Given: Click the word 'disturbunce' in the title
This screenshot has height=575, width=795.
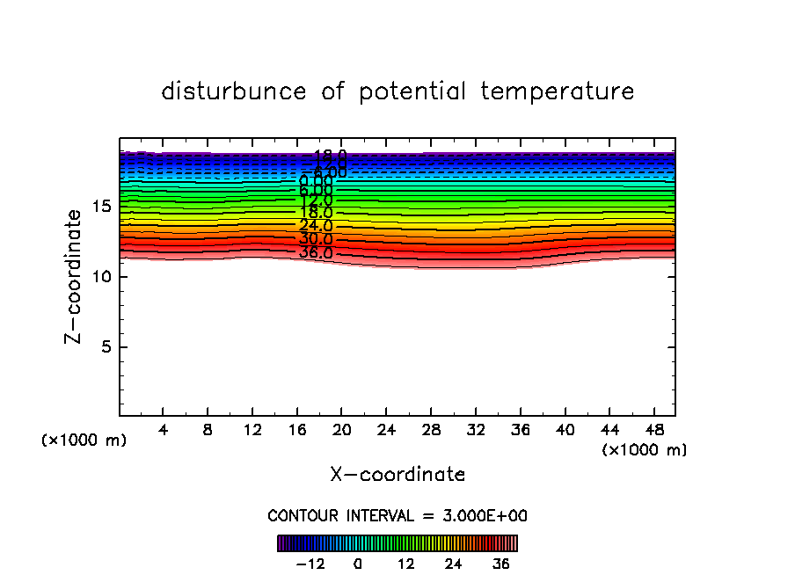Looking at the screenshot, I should [234, 91].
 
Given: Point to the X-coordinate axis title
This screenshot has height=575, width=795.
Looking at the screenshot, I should [397, 475].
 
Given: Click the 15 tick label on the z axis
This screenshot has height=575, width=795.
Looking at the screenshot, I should [101, 207].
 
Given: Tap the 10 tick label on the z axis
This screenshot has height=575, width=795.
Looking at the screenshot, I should [101, 277].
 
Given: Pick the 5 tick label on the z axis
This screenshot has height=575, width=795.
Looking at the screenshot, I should [106, 347].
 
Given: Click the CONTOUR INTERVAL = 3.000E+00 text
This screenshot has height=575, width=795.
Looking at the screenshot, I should [397, 516].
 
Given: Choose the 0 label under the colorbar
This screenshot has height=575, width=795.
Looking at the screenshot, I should [358, 564].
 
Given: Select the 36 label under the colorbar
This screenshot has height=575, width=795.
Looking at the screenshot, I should [500, 564].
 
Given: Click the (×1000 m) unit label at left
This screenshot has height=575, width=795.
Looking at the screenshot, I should [84, 440].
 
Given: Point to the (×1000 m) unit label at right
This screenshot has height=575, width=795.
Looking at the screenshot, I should [645, 450].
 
